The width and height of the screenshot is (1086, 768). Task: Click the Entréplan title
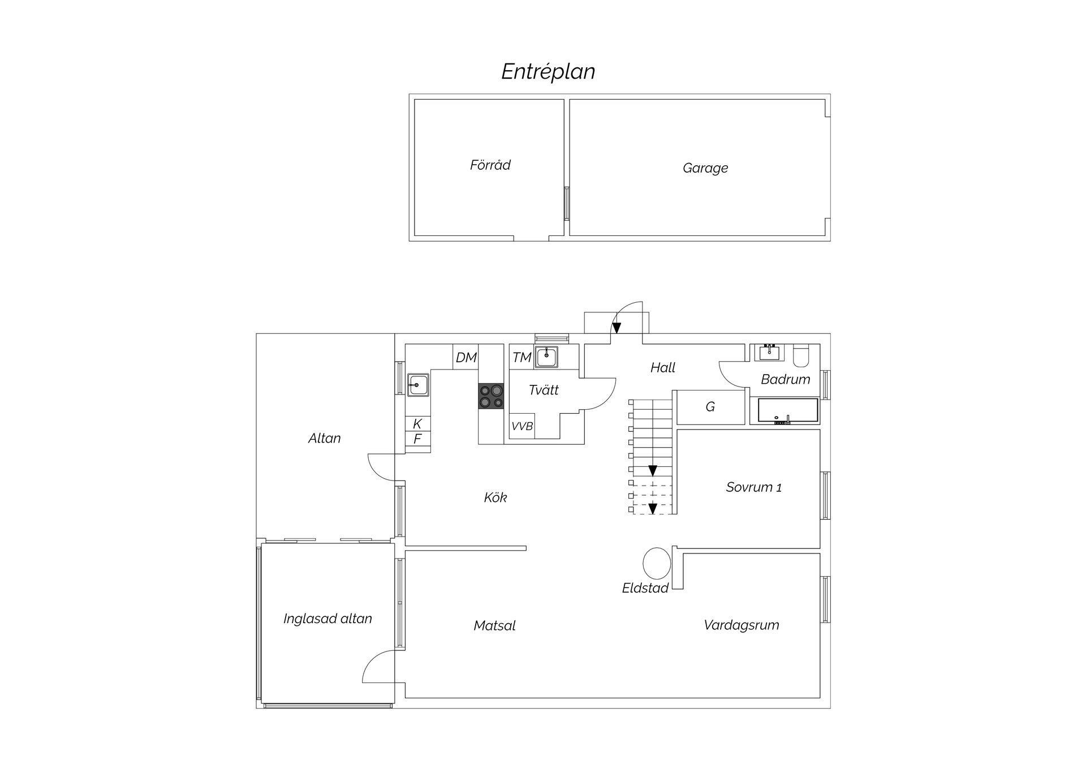548,72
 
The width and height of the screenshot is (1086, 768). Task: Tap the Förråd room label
490,165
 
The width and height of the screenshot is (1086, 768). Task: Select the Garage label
705,168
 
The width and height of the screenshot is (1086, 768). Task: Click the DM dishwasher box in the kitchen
467,357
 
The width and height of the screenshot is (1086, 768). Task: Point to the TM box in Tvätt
522,357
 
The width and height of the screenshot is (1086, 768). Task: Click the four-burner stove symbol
491,396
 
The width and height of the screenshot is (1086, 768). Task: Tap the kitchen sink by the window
418,385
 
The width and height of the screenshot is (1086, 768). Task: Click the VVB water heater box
522,426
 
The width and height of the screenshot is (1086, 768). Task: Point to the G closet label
710,406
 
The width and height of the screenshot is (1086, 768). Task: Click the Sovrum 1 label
754,487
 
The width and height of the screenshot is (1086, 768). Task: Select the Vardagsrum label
742,625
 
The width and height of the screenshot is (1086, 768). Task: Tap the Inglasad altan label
327,619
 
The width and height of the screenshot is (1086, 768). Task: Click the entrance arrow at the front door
616,327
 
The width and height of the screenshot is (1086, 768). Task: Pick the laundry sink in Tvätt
546,357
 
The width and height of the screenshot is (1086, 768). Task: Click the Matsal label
495,625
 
